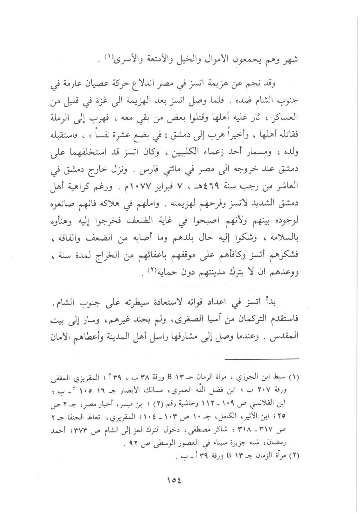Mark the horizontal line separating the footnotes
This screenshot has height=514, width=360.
point(262,359)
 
